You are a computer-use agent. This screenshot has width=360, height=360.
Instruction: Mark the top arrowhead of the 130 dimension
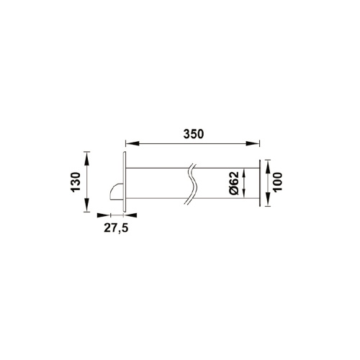click(87, 156)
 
